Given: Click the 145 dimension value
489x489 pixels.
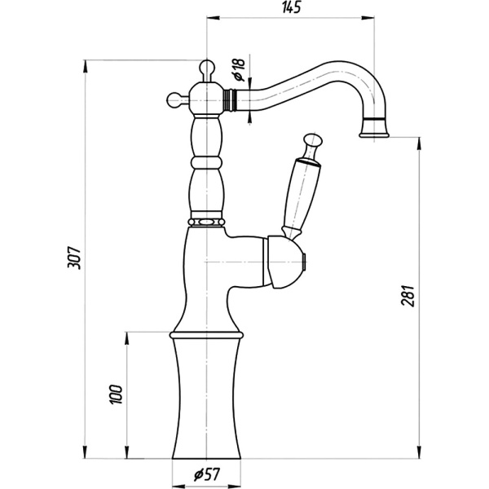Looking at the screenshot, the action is (292, 7).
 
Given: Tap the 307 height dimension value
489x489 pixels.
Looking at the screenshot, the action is (74, 258).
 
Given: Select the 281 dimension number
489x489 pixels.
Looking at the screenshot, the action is (407, 296).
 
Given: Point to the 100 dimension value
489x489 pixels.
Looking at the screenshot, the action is (117, 394).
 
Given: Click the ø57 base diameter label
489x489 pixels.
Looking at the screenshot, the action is (207, 474).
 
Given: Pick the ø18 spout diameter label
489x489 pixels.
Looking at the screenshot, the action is (240, 69).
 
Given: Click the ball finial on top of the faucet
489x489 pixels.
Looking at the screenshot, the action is (207, 66).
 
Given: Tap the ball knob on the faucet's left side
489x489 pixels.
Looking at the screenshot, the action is (174, 99).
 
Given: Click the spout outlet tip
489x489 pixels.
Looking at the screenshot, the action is (374, 134).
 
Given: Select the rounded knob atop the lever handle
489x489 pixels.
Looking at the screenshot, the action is (313, 139).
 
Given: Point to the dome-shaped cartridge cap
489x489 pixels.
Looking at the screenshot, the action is (285, 262).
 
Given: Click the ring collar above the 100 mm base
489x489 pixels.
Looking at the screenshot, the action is (206, 335).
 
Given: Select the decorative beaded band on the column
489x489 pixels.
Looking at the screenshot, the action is (206, 222).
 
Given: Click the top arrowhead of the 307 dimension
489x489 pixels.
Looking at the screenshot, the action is (85, 66).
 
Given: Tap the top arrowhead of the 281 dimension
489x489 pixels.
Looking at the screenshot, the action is (419, 143).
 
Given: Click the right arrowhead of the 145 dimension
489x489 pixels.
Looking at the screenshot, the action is (368, 18).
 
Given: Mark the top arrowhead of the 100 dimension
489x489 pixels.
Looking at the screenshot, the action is (126, 338).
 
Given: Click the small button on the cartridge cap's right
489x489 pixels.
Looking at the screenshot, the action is (305, 262).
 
